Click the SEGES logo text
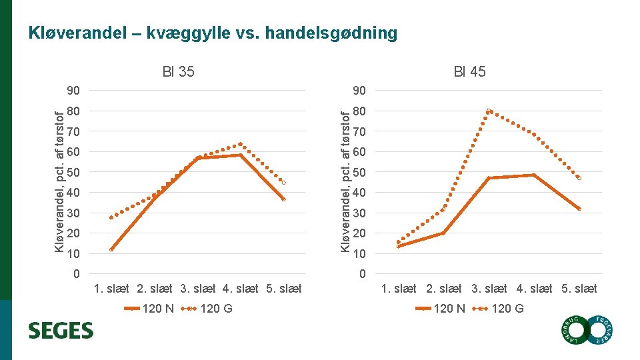pyautogui.click(x=61, y=331)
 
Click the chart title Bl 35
pyautogui.click(x=179, y=72)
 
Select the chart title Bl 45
pyautogui.click(x=469, y=72)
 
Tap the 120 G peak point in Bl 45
pyautogui.click(x=489, y=111)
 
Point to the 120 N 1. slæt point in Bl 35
pyautogui.click(x=111, y=249)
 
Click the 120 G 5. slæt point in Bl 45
pyautogui.click(x=579, y=179)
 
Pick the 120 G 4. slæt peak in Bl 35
pyautogui.click(x=241, y=144)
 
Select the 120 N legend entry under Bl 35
pyautogui.click(x=149, y=309)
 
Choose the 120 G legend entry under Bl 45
pyautogui.click(x=497, y=309)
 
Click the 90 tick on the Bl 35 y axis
pyautogui.click(x=73, y=91)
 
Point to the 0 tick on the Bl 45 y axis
pyautogui.click(x=363, y=274)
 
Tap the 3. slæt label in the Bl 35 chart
pyautogui.click(x=197, y=289)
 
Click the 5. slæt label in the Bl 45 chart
pyautogui.click(x=579, y=289)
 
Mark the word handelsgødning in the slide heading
pyautogui.click(x=331, y=33)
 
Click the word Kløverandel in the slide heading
pyautogui.click(x=77, y=33)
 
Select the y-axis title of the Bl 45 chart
pyautogui.click(x=345, y=182)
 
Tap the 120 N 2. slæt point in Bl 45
pyautogui.click(x=443, y=233)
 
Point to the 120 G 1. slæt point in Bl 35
pyautogui.click(x=111, y=217)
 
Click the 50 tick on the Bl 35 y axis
pyautogui.click(x=73, y=172)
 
